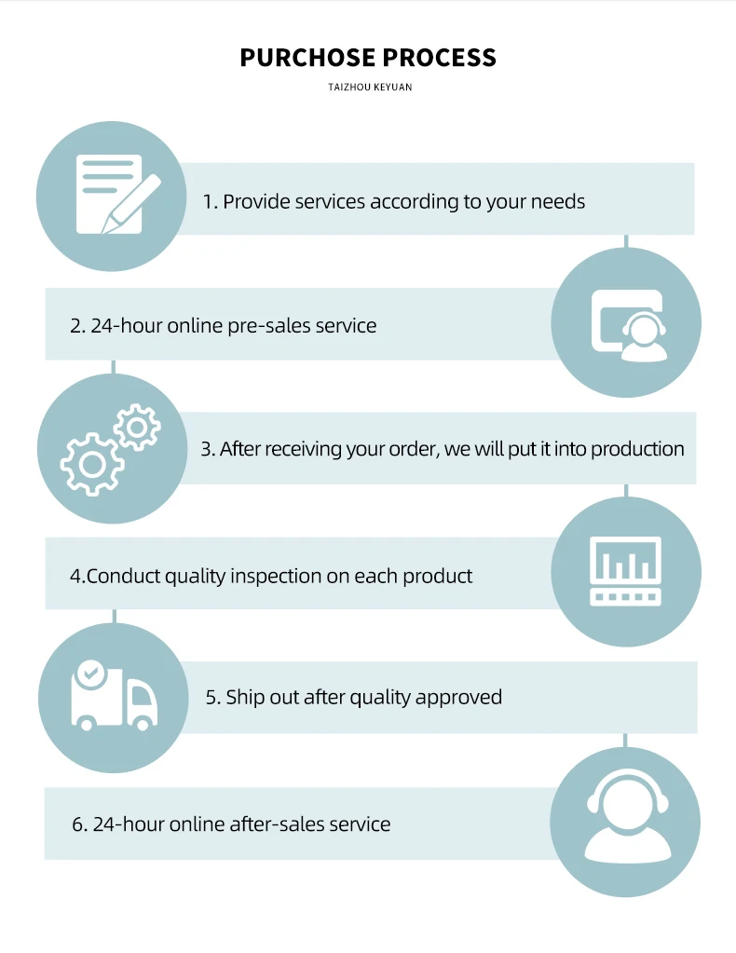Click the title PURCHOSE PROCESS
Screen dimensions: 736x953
(x=368, y=58)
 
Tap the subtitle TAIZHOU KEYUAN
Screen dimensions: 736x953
(x=370, y=88)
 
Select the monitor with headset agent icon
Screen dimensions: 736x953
(x=628, y=324)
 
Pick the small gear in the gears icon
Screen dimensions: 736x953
(x=137, y=427)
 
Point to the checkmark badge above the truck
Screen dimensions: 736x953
(x=89, y=672)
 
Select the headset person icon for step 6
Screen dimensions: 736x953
(x=626, y=821)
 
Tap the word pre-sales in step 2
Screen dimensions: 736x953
(x=269, y=326)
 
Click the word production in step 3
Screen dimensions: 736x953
(x=637, y=449)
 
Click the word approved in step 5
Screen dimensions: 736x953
(x=458, y=697)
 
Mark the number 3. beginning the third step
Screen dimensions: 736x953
(x=208, y=449)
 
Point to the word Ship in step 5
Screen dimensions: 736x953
(x=245, y=697)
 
